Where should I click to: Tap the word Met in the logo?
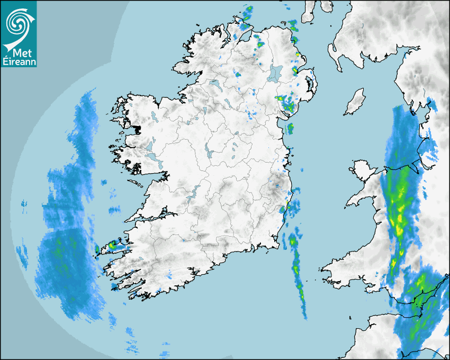click(18, 52)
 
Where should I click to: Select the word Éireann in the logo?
click(19, 61)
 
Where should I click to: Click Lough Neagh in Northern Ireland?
click(275, 73)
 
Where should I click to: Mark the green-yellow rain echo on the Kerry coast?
click(112, 246)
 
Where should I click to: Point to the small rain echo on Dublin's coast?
click(290, 128)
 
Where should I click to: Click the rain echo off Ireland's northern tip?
click(247, 15)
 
